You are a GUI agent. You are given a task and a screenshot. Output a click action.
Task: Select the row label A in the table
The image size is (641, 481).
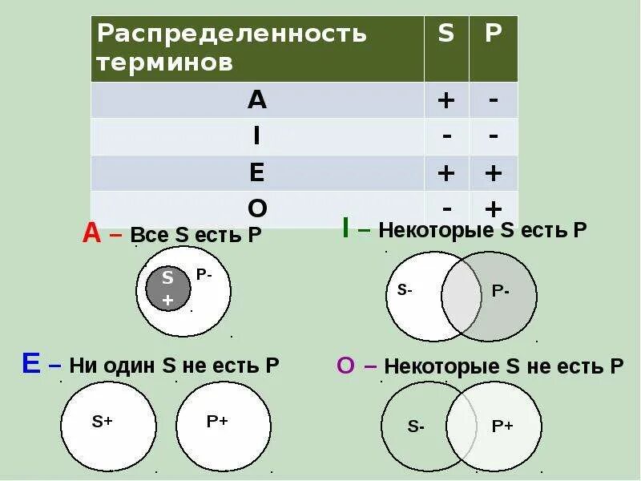pos(257,99)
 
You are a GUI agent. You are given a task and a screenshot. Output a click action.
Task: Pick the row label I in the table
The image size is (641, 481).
pos(257,136)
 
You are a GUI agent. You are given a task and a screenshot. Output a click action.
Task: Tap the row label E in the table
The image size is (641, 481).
pos(257,173)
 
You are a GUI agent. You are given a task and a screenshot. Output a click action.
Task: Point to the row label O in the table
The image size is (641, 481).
pos(257,208)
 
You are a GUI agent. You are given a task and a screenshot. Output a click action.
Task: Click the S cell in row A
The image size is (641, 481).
pos(446,100)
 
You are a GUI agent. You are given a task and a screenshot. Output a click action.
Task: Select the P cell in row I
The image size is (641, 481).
pos(494,136)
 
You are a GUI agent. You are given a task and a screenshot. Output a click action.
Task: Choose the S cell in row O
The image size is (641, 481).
pos(446,208)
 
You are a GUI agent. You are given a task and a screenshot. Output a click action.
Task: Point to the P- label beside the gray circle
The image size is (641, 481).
pos(204,274)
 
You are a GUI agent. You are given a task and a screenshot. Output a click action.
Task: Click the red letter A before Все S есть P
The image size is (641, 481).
pos(91,233)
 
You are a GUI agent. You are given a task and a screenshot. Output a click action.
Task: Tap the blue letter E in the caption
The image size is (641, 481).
pos(31,364)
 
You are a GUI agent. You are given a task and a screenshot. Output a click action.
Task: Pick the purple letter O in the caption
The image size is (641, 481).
pos(345,366)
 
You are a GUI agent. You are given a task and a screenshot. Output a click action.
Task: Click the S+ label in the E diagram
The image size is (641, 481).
pos(102,421)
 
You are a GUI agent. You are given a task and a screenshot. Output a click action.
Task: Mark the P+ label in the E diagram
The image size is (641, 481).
pos(217,421)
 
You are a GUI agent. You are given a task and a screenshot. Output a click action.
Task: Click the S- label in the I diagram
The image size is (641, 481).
pos(405,291)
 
